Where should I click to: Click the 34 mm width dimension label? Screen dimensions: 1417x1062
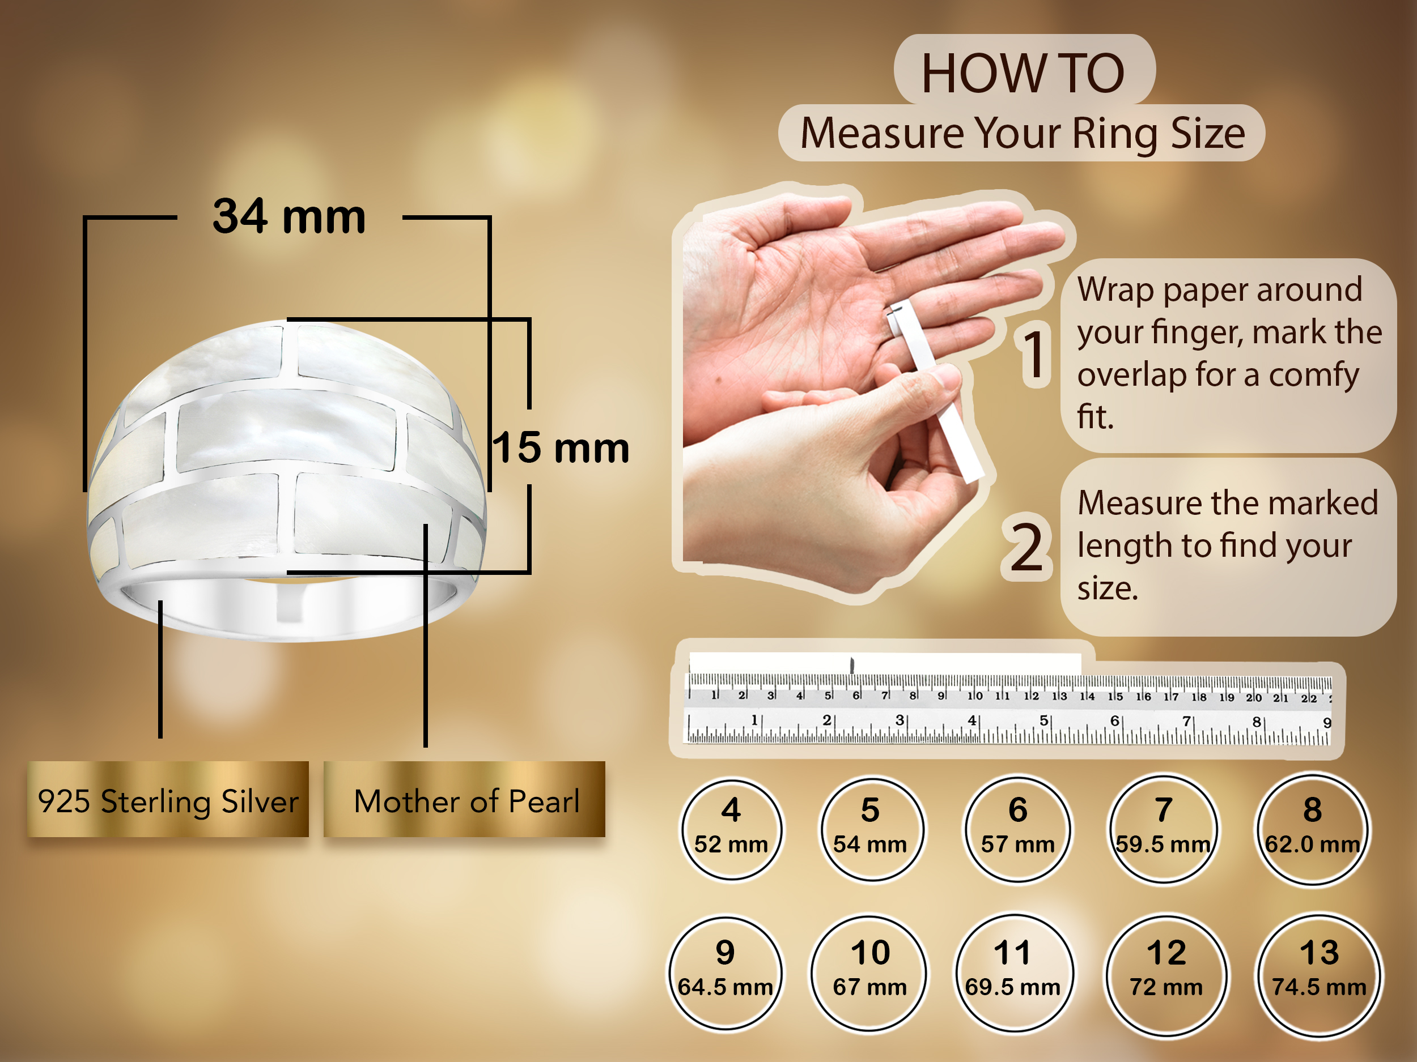point(289,216)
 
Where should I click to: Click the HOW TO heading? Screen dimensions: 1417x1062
point(1023,72)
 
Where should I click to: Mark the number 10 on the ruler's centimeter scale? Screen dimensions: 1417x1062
point(975,696)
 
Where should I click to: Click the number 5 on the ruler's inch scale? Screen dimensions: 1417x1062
point(1043,720)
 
